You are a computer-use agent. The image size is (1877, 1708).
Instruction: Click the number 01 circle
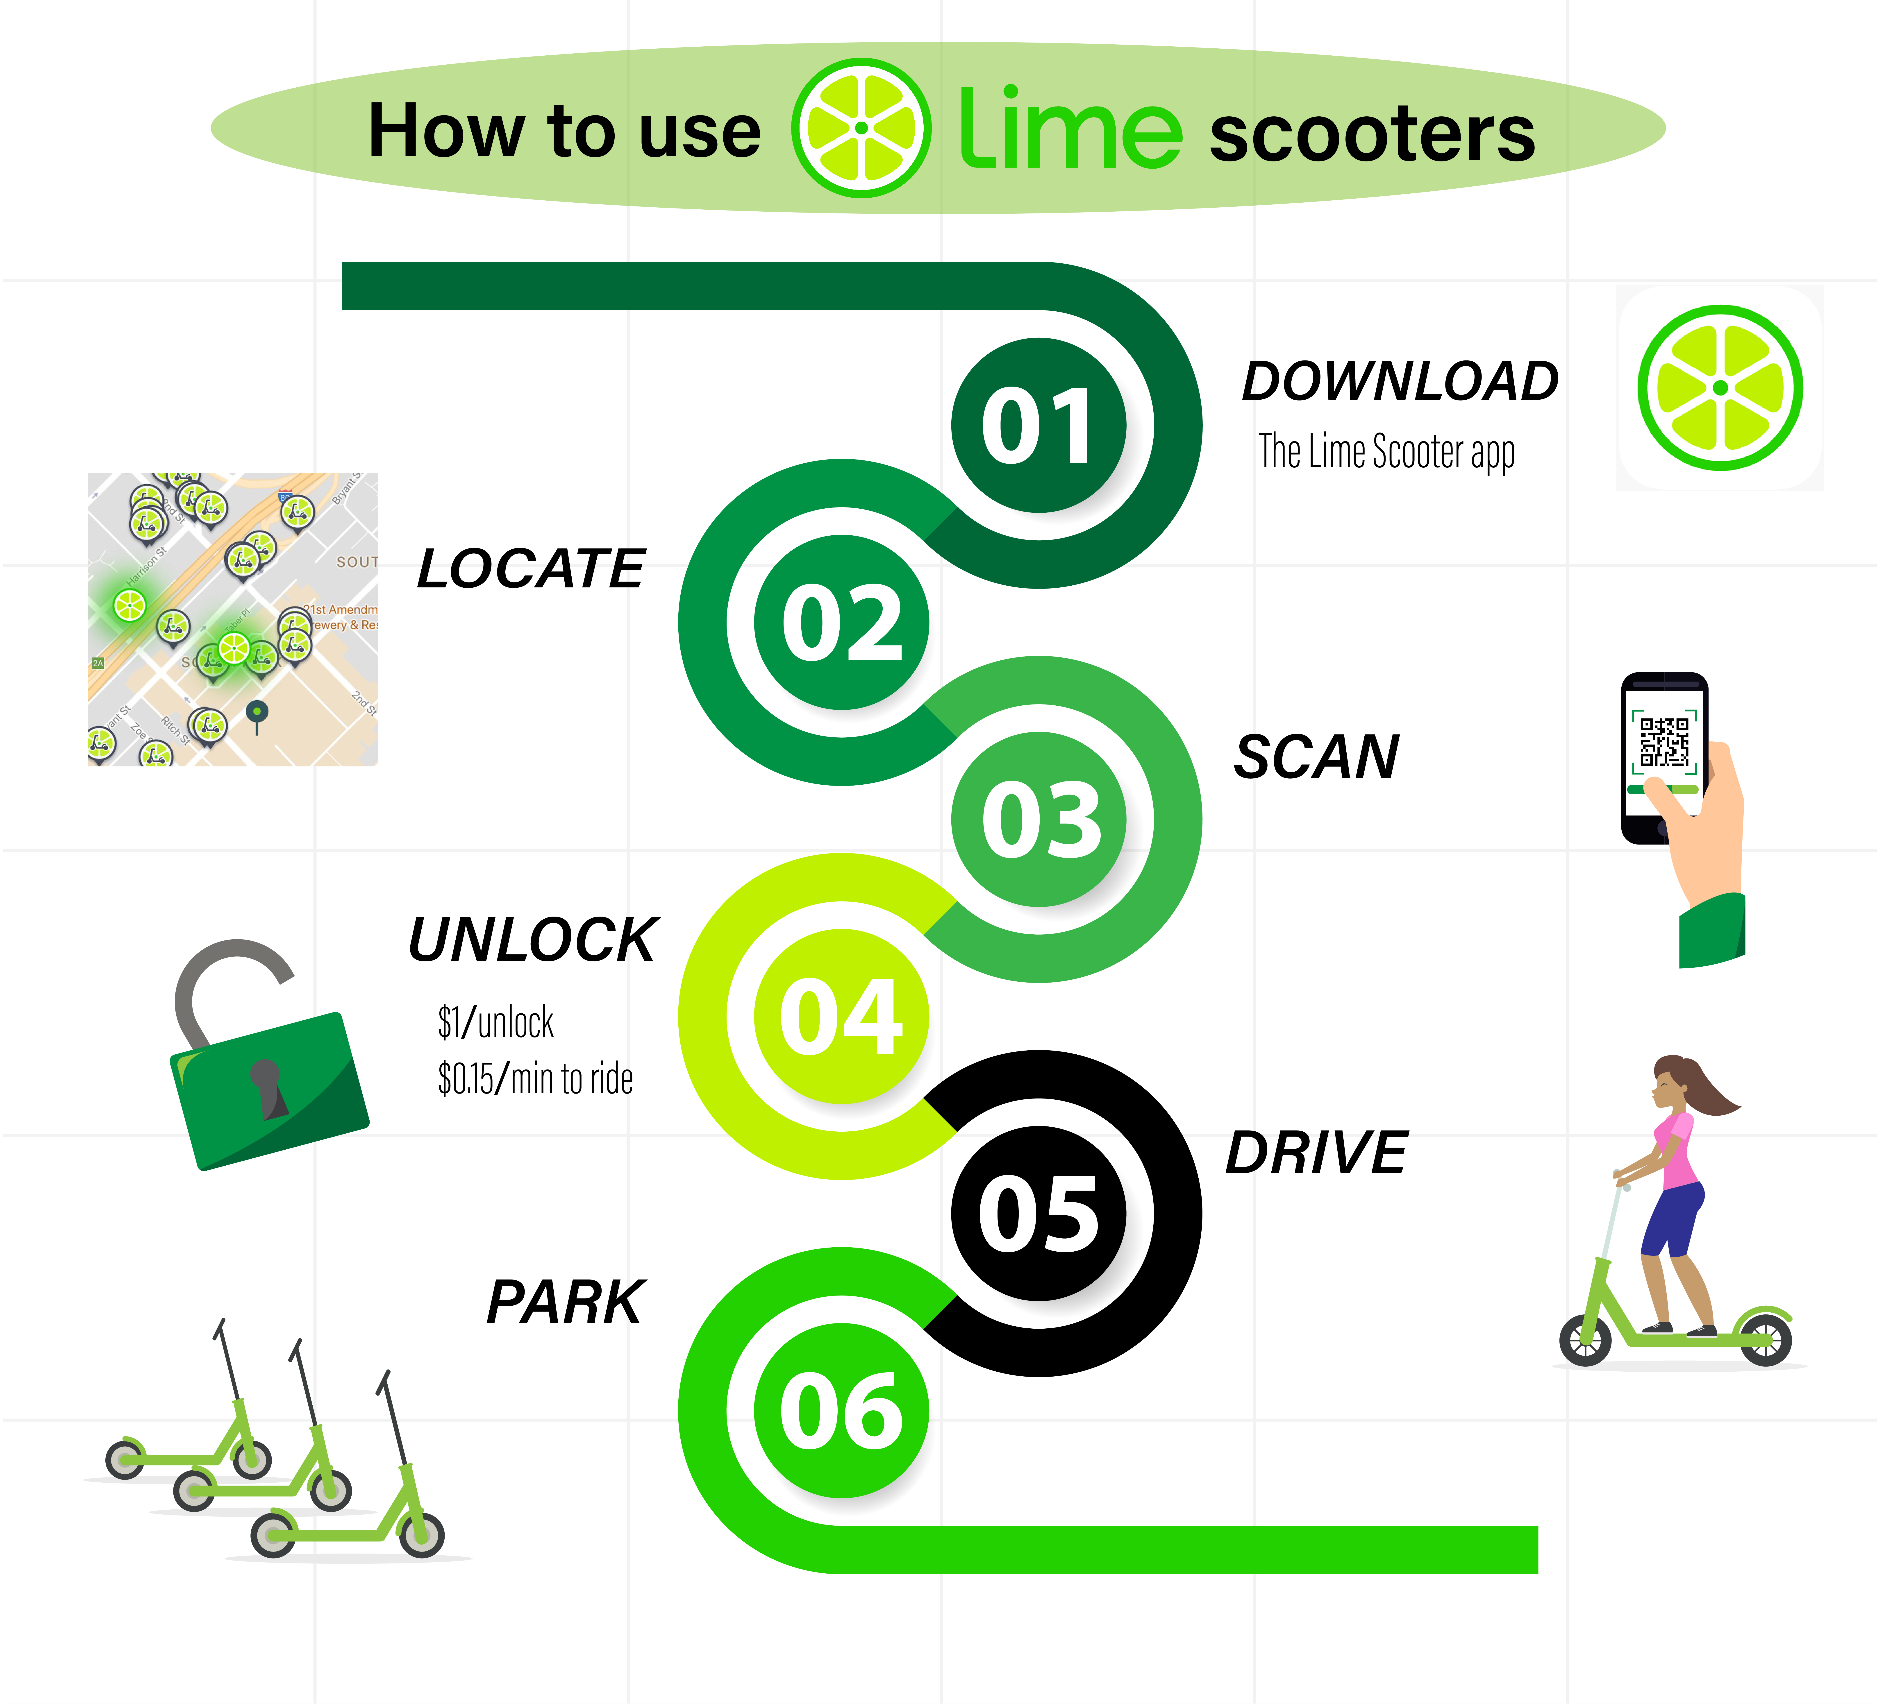(1038, 425)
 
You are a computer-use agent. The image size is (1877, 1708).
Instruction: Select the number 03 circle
(1038, 819)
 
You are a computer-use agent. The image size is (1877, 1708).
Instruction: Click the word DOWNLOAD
(1399, 382)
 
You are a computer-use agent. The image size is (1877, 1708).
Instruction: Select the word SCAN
(1316, 757)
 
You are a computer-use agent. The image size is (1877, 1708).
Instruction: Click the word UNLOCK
(533, 940)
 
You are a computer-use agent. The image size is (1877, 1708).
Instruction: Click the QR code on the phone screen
(1664, 741)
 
